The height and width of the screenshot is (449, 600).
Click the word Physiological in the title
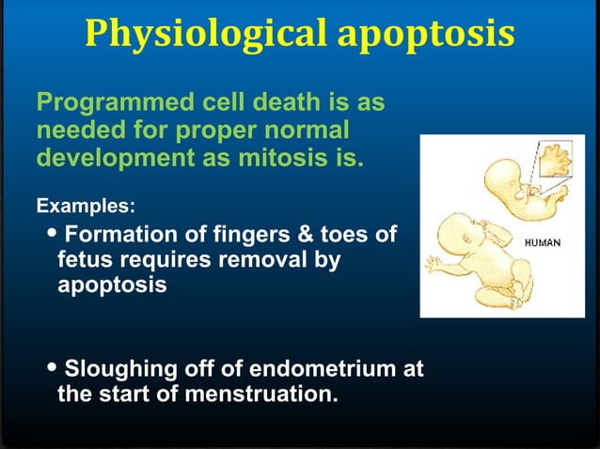[203, 34]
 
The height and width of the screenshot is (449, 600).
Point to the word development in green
[113, 156]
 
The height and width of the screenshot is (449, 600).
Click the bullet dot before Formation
[53, 233]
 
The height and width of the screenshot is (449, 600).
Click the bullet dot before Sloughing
[53, 369]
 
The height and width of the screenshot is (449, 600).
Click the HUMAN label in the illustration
[543, 242]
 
